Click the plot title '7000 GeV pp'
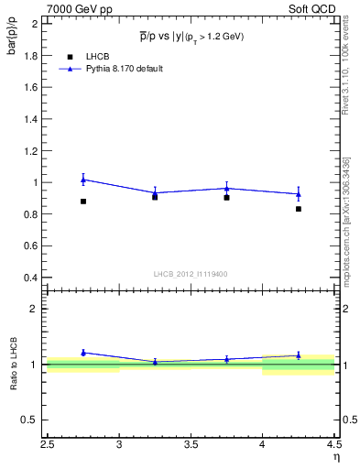[x=75, y=8]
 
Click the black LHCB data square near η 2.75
[x=83, y=202]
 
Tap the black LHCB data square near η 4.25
[x=299, y=209]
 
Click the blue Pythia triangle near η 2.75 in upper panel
[x=83, y=180]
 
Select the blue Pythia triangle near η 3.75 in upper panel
[x=227, y=189]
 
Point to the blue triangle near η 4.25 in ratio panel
[x=299, y=355]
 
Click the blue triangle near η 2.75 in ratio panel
[x=83, y=352]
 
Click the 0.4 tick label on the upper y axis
[x=31, y=278]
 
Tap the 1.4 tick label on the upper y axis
[x=31, y=119]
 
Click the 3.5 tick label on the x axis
[x=191, y=445]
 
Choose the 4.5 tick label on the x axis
[x=334, y=445]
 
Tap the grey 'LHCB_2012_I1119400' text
[x=191, y=274]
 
